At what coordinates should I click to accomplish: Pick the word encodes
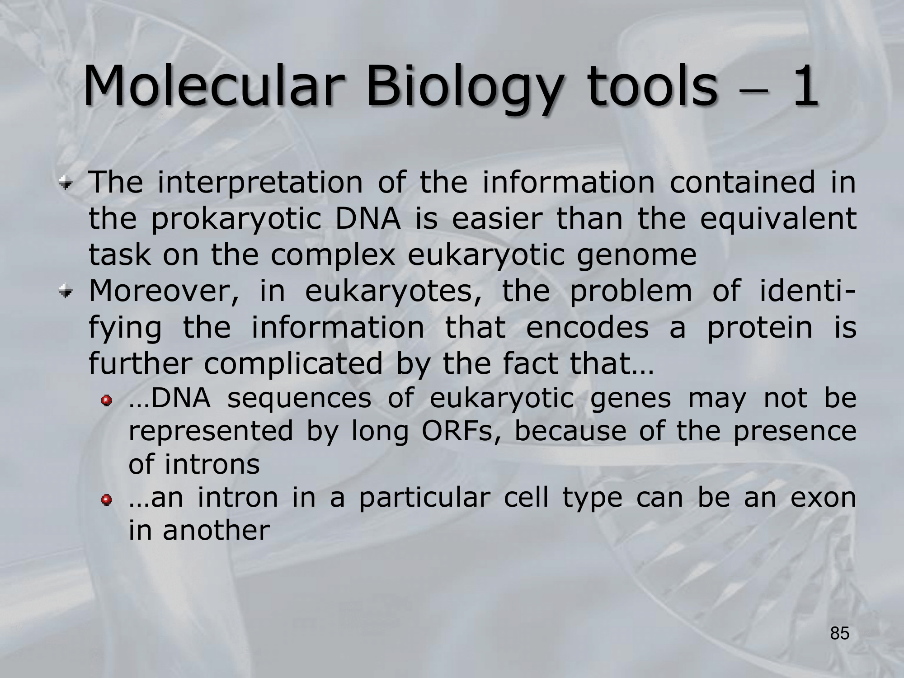[x=587, y=327]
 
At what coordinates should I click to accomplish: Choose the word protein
[x=759, y=329]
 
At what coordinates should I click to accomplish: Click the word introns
[x=212, y=464]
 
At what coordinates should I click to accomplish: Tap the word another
[x=216, y=530]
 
